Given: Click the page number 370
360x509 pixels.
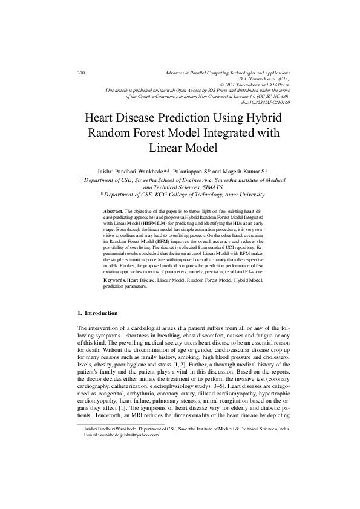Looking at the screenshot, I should tap(81, 73).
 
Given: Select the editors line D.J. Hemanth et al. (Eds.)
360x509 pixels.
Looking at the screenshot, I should tap(265, 79).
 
